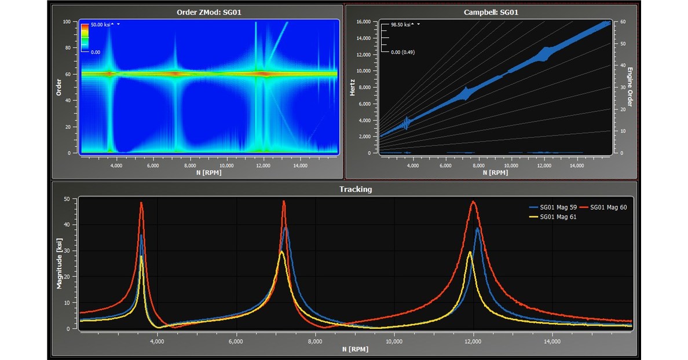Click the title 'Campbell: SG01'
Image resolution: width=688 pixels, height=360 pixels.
point(491,12)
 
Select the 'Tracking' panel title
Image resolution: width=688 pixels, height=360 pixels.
point(356,189)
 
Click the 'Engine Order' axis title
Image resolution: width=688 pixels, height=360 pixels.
point(631,87)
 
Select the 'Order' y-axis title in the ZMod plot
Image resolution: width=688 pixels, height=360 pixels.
point(59,87)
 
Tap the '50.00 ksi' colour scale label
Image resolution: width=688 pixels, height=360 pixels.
point(101,25)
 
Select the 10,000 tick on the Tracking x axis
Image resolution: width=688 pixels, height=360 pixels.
point(394,341)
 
